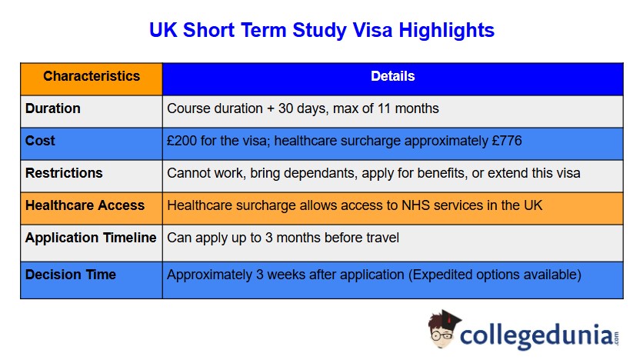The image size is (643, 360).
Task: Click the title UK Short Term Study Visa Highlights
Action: [x=321, y=31]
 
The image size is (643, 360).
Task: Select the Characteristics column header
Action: [x=92, y=76]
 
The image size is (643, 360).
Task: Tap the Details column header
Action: [x=392, y=76]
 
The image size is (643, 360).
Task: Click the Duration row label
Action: [x=53, y=108]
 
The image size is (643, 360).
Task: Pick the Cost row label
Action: [x=40, y=142]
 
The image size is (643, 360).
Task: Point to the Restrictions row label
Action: [x=64, y=173]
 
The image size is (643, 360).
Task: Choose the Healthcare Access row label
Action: [x=85, y=205]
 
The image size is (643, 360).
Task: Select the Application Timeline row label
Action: [x=91, y=238]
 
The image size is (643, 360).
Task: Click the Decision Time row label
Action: [x=71, y=275]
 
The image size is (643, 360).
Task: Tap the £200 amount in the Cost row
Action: [x=182, y=142]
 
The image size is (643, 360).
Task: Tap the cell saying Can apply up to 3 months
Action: [x=283, y=238]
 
